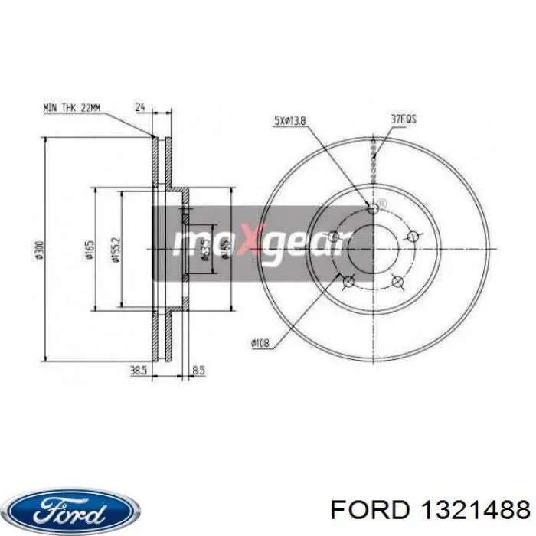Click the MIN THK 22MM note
(x=71, y=108)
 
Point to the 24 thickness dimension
(x=139, y=108)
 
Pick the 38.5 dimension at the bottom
(x=138, y=370)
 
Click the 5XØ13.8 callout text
(x=289, y=120)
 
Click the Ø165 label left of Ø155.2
(x=89, y=249)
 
